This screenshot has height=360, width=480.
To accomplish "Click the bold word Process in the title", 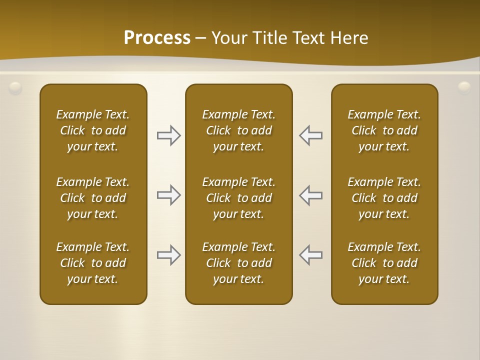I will [x=157, y=37].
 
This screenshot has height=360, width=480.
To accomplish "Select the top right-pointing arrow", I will [x=168, y=135].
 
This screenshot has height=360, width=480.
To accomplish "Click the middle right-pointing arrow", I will [x=168, y=195].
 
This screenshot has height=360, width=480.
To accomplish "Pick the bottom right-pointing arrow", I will [x=168, y=255].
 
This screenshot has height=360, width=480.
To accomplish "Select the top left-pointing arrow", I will [x=311, y=135].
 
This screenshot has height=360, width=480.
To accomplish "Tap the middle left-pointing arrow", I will [x=311, y=195].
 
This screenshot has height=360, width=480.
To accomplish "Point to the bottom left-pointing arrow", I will [x=311, y=255].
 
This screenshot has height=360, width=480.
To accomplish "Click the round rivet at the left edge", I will [x=15, y=88].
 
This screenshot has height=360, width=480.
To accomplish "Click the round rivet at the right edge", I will [x=464, y=87].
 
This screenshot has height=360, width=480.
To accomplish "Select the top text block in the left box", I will [x=93, y=130].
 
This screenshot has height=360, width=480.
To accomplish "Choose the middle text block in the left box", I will [x=93, y=198].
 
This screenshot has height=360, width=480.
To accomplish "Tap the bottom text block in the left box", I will [x=93, y=263].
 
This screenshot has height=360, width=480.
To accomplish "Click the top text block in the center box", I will [x=239, y=130].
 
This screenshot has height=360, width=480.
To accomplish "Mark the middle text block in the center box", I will [x=239, y=198].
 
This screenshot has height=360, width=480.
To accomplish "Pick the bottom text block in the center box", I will [x=239, y=263].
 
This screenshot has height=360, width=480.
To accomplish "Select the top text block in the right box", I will [x=384, y=130].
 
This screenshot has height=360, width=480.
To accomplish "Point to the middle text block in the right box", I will [x=384, y=198].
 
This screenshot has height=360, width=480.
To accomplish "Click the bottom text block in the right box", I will [x=384, y=263].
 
